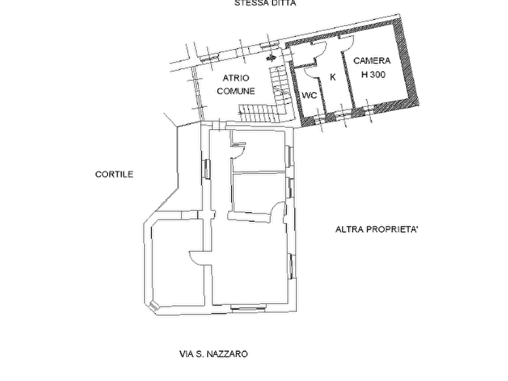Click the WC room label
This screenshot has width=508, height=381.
(x=309, y=96)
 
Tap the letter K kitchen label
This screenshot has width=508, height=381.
(x=332, y=77)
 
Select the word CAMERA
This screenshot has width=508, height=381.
(x=371, y=61)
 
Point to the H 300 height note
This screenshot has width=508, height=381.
(x=373, y=74)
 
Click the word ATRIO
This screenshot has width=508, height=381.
(x=236, y=78)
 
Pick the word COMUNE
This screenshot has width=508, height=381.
(x=236, y=91)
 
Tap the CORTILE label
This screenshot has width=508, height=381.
(x=114, y=175)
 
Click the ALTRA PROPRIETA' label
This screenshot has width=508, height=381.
(x=377, y=230)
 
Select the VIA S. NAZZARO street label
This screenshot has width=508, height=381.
(x=213, y=354)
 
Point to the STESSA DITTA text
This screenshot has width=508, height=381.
(x=265, y=3)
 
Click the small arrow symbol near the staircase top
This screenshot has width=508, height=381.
(x=271, y=58)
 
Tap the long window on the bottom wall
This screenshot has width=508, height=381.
(x=249, y=307)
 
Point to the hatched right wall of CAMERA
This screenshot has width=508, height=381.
(x=406, y=61)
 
